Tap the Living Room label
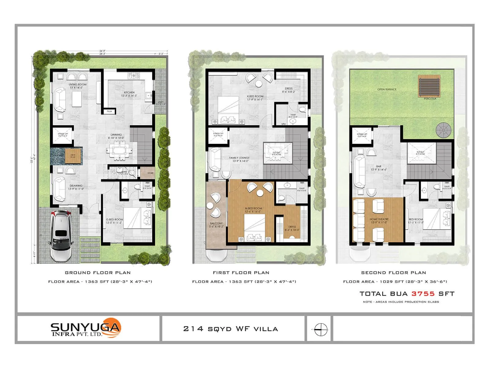[77, 84]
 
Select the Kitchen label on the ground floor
[129, 92]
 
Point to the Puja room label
[110, 112]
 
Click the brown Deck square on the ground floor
[73, 155]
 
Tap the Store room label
[150, 173]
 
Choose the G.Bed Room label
[114, 220]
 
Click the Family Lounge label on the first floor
[239, 158]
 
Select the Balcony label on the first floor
[216, 223]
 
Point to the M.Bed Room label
[253, 209]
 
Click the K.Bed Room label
[255, 96]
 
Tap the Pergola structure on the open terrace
[429, 86]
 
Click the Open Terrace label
[387, 90]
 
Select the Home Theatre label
[379, 219]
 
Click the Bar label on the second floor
[379, 167]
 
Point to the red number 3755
[423, 294]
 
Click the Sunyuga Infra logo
[86, 329]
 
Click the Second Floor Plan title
[394, 273]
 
